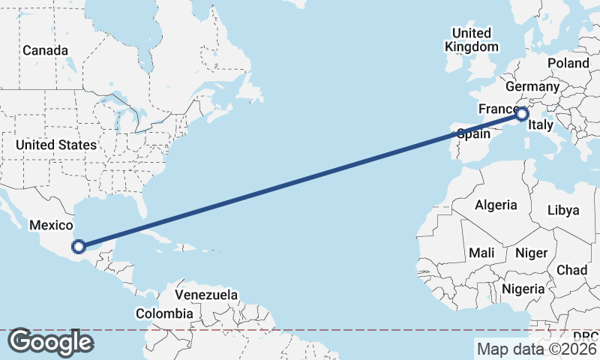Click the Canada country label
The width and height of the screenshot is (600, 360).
[45, 51]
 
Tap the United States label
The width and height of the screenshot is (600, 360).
[56, 145]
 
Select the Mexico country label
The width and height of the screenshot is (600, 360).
[51, 225]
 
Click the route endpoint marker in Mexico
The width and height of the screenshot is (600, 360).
[78, 245]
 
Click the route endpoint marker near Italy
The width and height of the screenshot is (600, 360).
[522, 115]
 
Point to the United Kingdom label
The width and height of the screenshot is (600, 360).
[472, 40]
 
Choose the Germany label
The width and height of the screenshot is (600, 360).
[532, 86]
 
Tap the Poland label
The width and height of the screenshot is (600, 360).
[568, 63]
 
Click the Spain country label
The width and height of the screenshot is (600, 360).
[473, 134]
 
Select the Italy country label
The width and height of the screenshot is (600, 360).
[541, 126]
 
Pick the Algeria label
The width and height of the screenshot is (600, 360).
[496, 205]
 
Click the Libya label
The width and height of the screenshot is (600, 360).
[563, 210]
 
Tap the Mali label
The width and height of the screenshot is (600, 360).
[481, 253]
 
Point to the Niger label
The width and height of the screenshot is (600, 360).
[532, 253]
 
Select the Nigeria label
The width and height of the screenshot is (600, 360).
[523, 289]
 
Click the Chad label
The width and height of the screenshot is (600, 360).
[572, 270]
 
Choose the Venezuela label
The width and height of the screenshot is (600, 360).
[206, 295]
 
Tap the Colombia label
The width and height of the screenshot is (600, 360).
[164, 313]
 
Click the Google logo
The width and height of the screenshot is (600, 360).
[50, 342]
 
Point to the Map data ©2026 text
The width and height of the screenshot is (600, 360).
[536, 349]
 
